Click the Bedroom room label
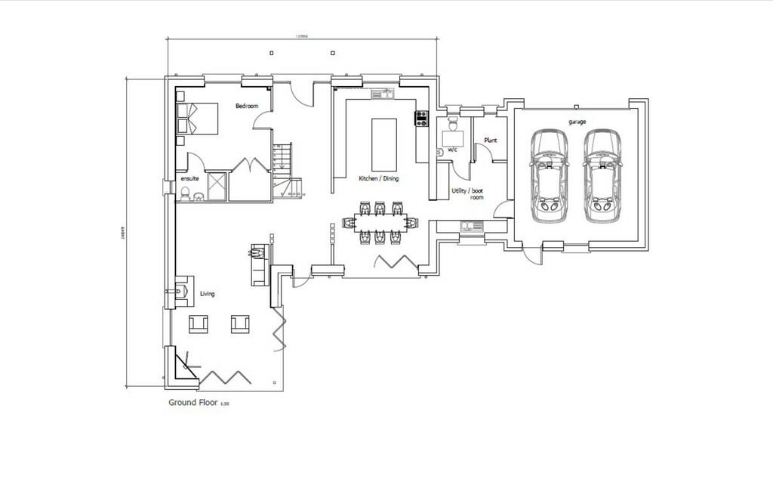[x=247, y=107]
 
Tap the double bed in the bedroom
[x=197, y=119]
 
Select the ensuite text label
[x=189, y=178]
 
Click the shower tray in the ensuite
[x=217, y=186]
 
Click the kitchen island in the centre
[x=383, y=144]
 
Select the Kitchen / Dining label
[x=378, y=179]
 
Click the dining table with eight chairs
[x=380, y=221]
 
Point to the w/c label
[x=452, y=150]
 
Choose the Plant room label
[x=490, y=141]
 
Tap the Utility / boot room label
[x=467, y=194]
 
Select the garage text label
[x=577, y=122]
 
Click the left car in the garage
[x=549, y=175]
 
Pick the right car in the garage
[x=602, y=175]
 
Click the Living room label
[x=207, y=294]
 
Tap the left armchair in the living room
[x=199, y=324]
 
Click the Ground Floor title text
[x=194, y=403]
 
